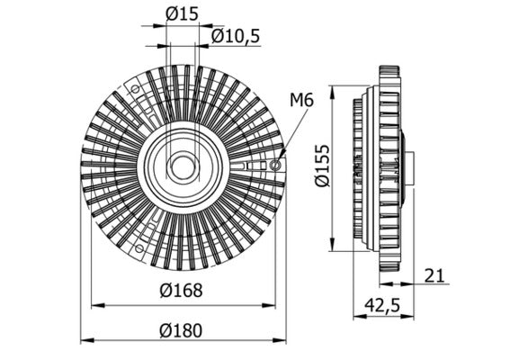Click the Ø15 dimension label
click(183, 13)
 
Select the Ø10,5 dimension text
click(235, 35)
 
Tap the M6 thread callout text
click(301, 100)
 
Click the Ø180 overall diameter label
click(183, 328)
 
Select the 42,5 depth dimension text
click(380, 305)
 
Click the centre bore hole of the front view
click(183, 166)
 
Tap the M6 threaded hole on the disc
click(275, 166)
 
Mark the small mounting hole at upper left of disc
click(136, 89)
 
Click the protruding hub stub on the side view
click(409, 167)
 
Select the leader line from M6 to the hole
click(293, 134)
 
